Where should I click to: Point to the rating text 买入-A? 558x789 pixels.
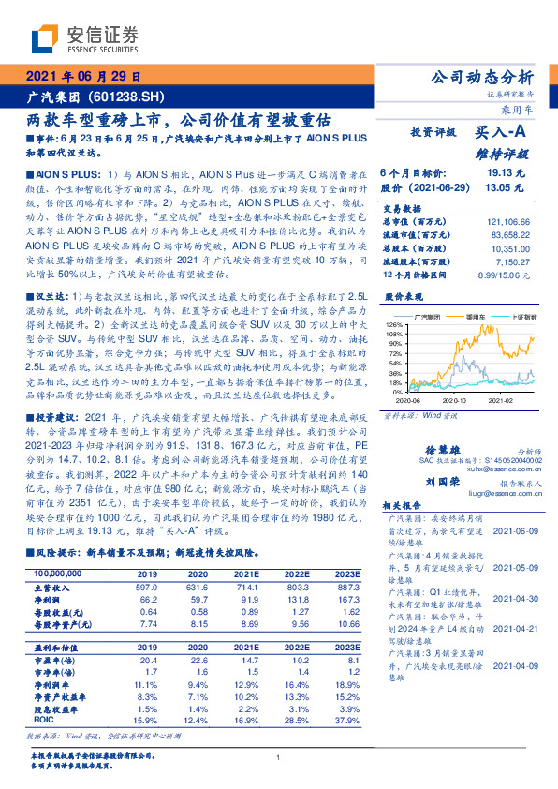498,135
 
